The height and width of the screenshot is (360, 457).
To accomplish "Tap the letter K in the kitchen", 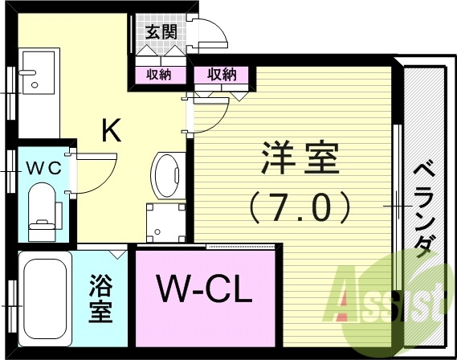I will click(111, 130).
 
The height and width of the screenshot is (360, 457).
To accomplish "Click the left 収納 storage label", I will click(158, 76).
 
